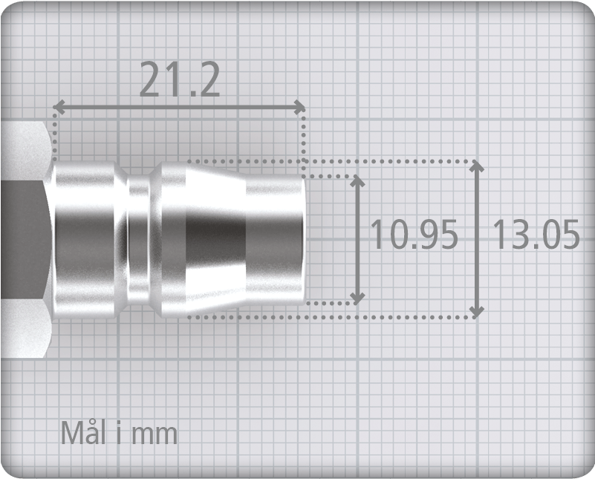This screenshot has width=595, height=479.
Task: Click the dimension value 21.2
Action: [x=180, y=80]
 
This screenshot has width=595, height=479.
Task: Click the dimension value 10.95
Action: [x=414, y=235]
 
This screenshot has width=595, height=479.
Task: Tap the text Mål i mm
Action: [x=119, y=433]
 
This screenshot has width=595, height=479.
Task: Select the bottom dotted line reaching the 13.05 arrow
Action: [x=334, y=317]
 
